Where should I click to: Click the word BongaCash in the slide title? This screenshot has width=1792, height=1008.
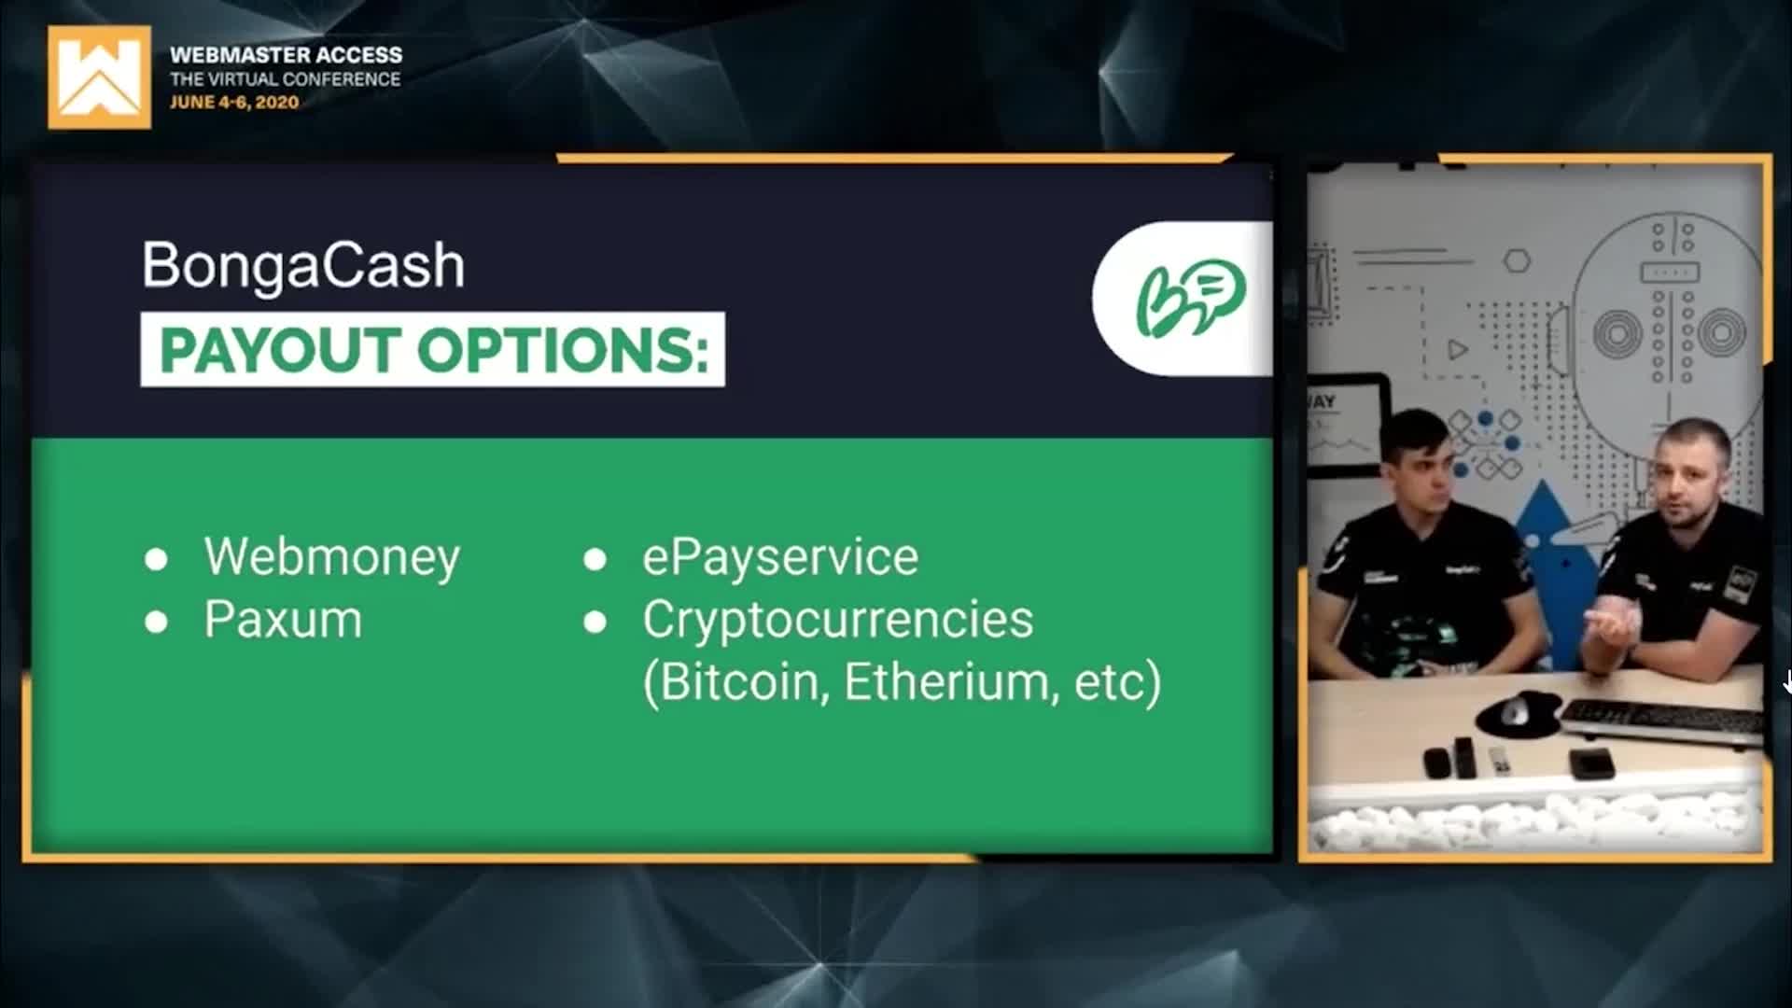[x=303, y=266]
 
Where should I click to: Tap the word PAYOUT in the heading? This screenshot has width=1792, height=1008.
[x=281, y=351]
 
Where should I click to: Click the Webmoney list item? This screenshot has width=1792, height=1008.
[x=331, y=558]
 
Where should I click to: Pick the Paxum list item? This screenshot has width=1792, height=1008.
[x=283, y=620]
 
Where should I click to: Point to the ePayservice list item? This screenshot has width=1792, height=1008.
[x=780, y=558]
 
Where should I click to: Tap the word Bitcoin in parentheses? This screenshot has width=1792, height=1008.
[x=738, y=682]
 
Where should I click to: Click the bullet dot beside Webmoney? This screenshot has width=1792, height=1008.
[x=156, y=560]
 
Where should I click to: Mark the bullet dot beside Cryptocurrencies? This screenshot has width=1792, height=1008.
[x=595, y=623]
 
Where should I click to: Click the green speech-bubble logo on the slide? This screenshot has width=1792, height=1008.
[x=1190, y=297]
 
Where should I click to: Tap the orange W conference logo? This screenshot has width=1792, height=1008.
[x=99, y=77]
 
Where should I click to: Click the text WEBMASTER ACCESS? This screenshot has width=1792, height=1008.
[x=287, y=55]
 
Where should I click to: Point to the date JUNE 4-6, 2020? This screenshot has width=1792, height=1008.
[x=234, y=103]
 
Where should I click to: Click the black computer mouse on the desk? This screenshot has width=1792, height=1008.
[x=1515, y=711]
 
